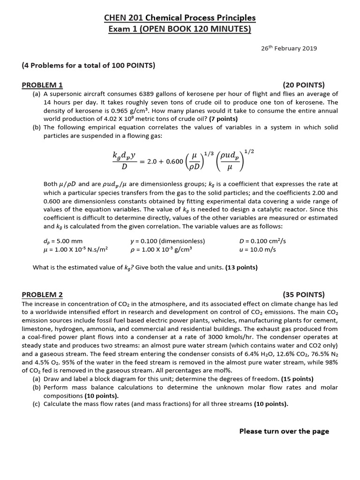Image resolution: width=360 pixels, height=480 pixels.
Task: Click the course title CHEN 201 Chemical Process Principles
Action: pyautogui.click(x=180, y=18)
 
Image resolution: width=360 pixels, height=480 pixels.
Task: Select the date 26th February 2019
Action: pyautogui.click(x=289, y=48)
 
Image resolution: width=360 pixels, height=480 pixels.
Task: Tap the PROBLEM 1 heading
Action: pyautogui.click(x=42, y=85)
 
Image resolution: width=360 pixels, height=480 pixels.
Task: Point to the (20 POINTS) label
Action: pyautogui.click(x=304, y=85)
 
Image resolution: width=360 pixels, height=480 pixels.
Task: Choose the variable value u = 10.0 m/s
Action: pyautogui.click(x=257, y=250)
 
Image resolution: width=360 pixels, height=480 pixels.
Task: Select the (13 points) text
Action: pyautogui.click(x=241, y=268)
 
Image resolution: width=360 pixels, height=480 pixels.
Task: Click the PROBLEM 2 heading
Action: pyautogui.click(x=42, y=295)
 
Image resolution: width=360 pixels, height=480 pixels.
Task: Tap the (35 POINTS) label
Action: pyautogui.click(x=304, y=295)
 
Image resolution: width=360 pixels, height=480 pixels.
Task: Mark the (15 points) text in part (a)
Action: pyautogui.click(x=298, y=379)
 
